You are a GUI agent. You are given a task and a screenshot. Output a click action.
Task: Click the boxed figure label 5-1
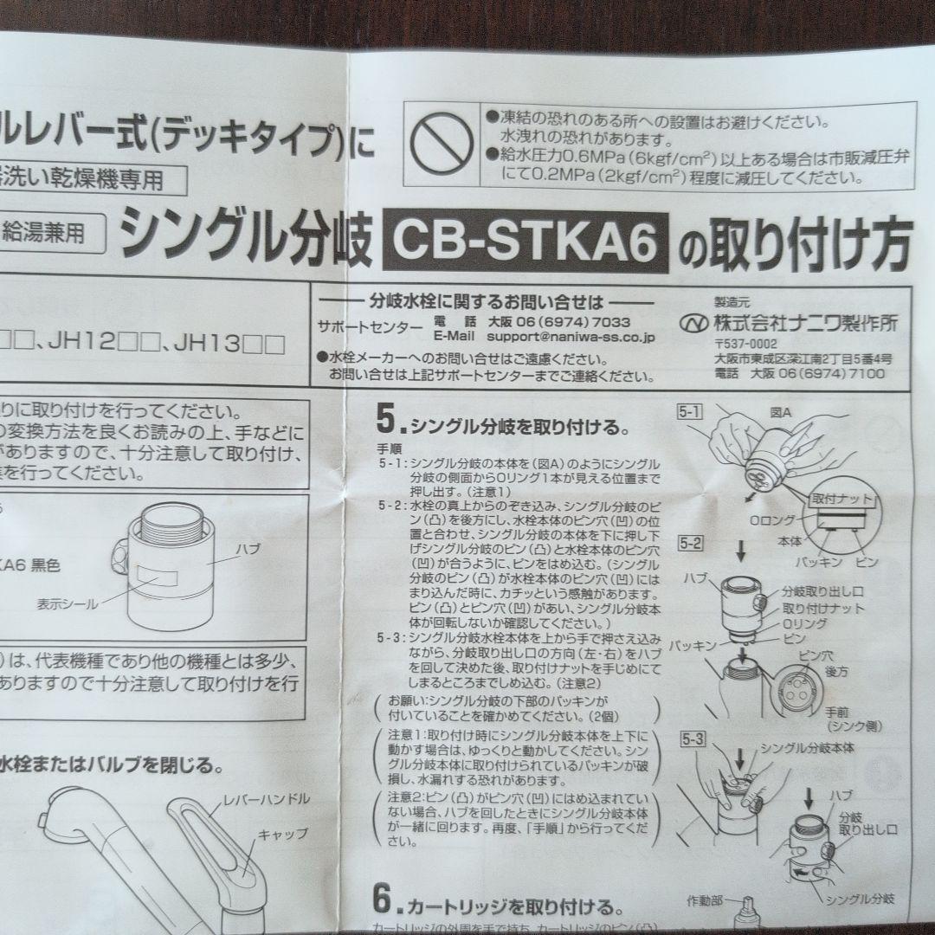click(x=689, y=413)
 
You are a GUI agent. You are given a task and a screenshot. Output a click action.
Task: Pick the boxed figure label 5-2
click(x=689, y=546)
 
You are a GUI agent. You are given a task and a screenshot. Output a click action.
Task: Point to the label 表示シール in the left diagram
click(x=68, y=603)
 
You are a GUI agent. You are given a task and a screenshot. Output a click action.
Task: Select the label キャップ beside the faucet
click(x=282, y=835)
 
